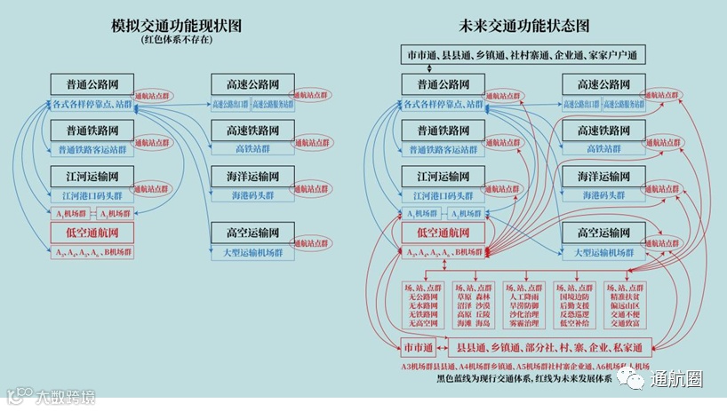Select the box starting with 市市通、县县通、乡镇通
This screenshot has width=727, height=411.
[522, 56]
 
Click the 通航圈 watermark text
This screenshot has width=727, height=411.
[676, 379]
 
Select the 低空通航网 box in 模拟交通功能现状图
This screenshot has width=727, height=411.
[92, 233]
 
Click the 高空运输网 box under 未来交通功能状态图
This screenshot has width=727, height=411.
[603, 233]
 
